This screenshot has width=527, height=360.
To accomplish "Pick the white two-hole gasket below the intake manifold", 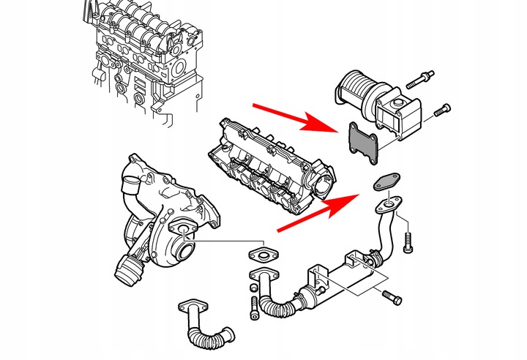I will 261,256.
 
